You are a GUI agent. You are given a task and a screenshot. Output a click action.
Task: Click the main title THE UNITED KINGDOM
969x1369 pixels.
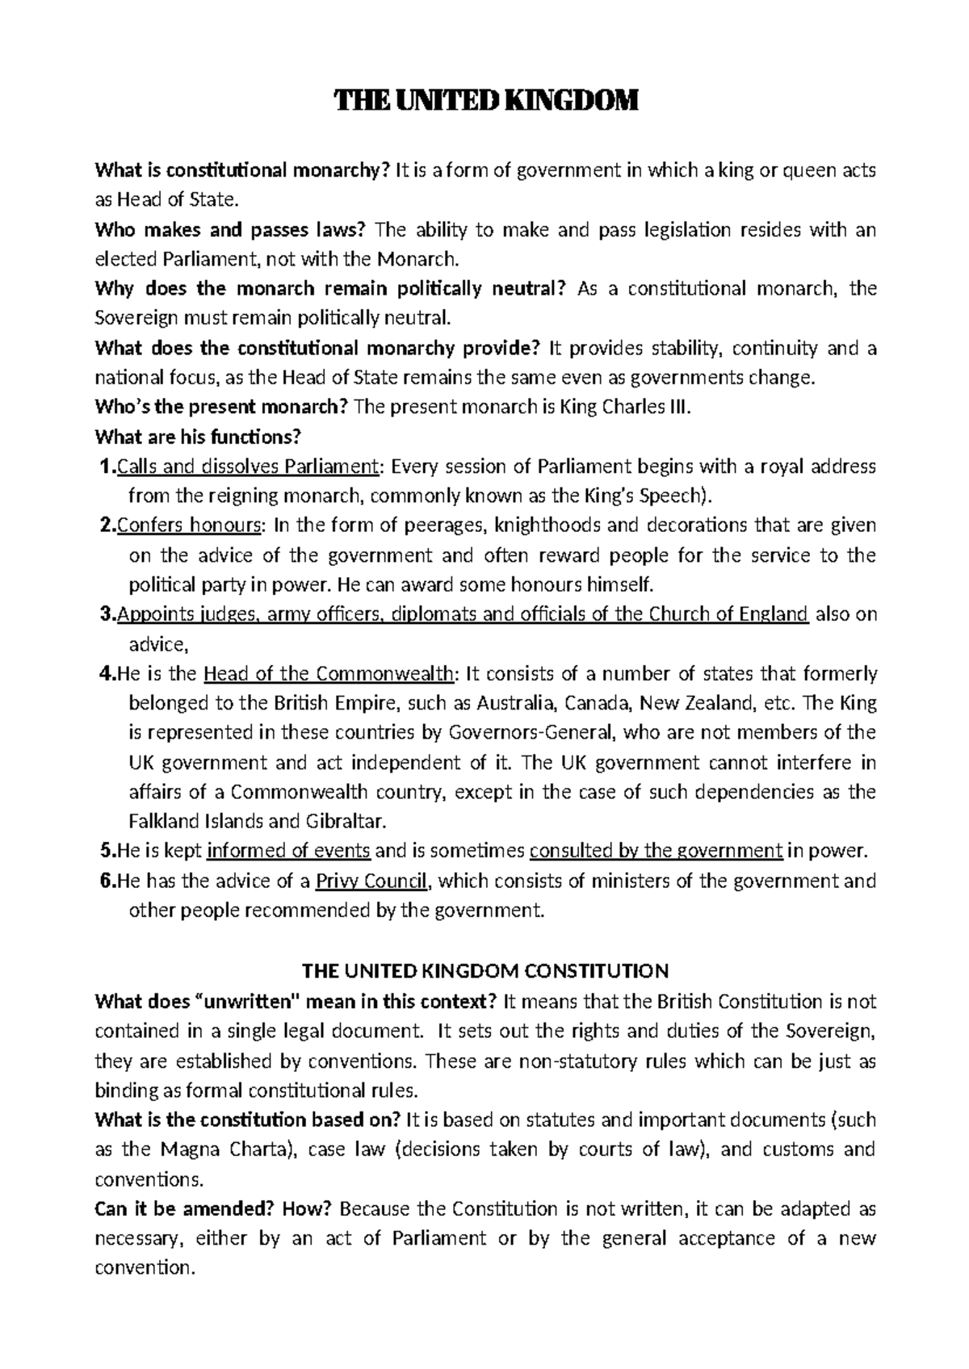485,102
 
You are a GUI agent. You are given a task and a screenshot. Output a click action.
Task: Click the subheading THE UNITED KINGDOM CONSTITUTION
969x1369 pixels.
484,970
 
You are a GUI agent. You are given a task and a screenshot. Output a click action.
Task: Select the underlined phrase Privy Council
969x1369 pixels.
372,881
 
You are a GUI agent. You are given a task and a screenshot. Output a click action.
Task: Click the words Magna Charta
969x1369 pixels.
223,1149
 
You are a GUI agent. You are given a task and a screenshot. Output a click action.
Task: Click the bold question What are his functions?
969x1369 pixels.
198,437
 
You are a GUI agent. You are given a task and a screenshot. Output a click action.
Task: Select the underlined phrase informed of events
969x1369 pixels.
289,852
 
